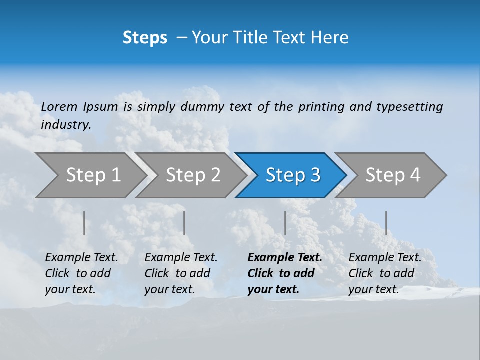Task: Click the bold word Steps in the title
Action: coord(145,38)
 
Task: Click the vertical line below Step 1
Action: coord(84,223)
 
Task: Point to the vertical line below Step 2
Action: coord(184,223)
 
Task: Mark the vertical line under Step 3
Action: coord(285,223)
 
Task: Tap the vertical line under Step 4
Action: coord(386,223)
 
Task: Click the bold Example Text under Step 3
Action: coord(285,258)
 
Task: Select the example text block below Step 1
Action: coord(81,273)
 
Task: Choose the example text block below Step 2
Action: coord(181,273)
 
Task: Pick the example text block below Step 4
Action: coord(385,273)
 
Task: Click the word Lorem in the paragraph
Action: coord(59,107)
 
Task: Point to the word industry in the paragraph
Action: coord(65,125)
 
